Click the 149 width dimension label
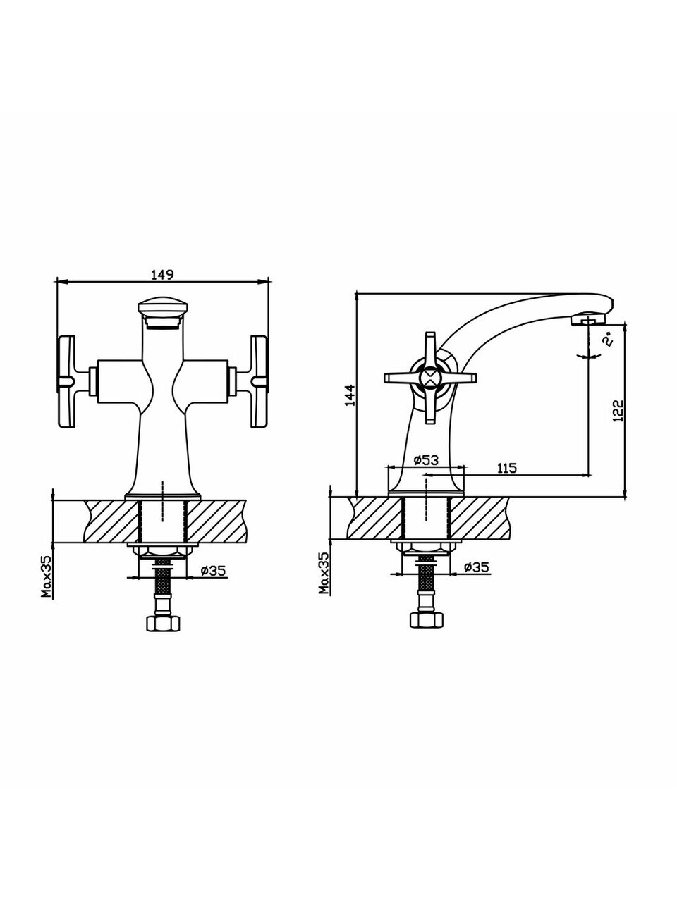pyautogui.click(x=163, y=275)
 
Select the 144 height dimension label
pyautogui.click(x=349, y=395)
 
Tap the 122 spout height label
pyautogui.click(x=618, y=410)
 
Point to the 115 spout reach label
pyautogui.click(x=507, y=468)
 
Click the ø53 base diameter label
pyautogui.click(x=426, y=460)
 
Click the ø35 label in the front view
pyautogui.click(x=213, y=570)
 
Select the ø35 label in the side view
pyautogui.click(x=477, y=567)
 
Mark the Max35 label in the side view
pyautogui.click(x=324, y=573)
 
